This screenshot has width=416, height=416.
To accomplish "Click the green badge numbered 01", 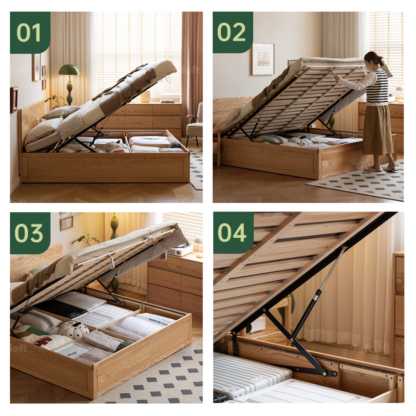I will tap(30, 33).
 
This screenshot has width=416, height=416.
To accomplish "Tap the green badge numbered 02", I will tap(233, 33).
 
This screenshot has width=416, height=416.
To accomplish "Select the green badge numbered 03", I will tap(30, 233).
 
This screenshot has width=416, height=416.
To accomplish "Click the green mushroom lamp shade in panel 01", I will tap(69, 70).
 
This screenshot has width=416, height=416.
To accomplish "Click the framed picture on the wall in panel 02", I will tap(263, 59).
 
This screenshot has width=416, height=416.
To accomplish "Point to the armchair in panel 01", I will tap(195, 123).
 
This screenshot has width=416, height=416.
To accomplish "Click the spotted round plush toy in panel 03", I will tap(73, 330).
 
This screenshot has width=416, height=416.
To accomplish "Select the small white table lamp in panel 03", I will tap(199, 244).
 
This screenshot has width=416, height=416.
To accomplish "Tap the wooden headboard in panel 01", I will tap(31, 119).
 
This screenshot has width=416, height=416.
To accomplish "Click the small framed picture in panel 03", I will tap(67, 222).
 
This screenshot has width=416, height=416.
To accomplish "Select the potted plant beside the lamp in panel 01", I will tap(56, 101).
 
